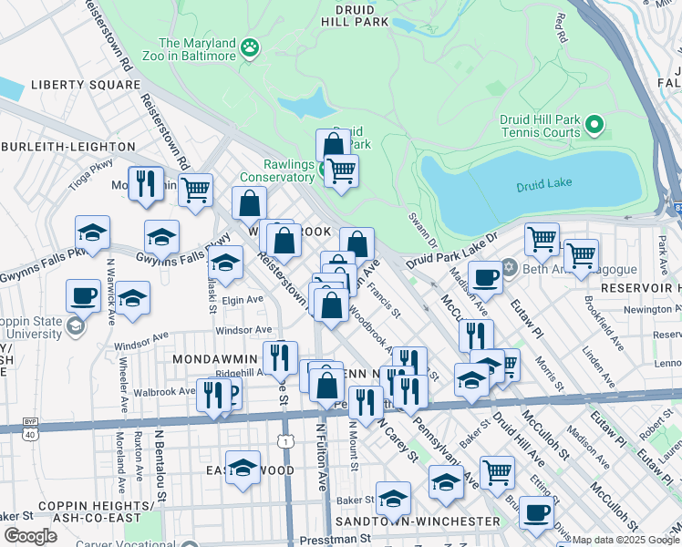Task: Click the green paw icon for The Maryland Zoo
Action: coord(249,46)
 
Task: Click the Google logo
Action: coord(30,536)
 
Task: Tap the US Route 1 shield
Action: coord(287,441)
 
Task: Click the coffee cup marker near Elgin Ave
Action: coord(84,295)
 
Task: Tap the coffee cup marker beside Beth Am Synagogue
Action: coord(485,276)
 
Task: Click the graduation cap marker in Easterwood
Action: coord(243,467)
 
